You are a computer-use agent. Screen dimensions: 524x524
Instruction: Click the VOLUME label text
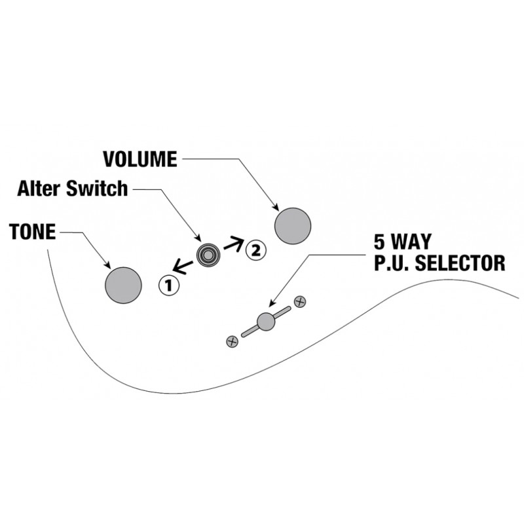pyautogui.click(x=140, y=159)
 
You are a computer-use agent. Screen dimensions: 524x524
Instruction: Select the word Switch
pyautogui.click(x=97, y=188)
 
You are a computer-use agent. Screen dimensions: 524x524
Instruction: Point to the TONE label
pyautogui.click(x=32, y=231)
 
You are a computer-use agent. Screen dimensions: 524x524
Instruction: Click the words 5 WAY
pyautogui.click(x=403, y=242)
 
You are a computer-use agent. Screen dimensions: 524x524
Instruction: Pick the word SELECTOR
pyautogui.click(x=460, y=263)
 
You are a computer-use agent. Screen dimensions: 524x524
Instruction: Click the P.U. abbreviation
pyautogui.click(x=392, y=263)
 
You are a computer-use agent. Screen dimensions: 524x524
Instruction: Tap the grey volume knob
pyautogui.click(x=293, y=226)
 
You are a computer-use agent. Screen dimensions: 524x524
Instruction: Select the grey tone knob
pyautogui.click(x=123, y=286)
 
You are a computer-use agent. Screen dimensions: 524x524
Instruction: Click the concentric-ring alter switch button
pyautogui.click(x=208, y=255)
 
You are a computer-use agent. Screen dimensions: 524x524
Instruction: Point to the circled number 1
pyautogui.click(x=169, y=286)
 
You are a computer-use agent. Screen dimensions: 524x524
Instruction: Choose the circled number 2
pyautogui.click(x=256, y=250)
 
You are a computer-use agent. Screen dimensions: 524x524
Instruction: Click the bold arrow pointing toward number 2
pyautogui.click(x=234, y=244)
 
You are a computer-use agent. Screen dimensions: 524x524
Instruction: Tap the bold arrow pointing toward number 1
pyautogui.click(x=183, y=267)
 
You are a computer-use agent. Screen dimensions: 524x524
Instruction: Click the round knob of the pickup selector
pyautogui.click(x=266, y=322)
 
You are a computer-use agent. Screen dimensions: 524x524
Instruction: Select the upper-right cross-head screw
pyautogui.click(x=300, y=302)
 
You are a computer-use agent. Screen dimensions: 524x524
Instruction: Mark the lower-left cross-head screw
pyautogui.click(x=233, y=341)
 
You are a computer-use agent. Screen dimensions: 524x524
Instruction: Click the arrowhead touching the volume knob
pyautogui.click(x=276, y=207)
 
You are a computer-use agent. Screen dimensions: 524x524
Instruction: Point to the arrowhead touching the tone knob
pyautogui.click(x=107, y=265)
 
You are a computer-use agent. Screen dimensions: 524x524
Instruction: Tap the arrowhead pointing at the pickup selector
pyautogui.click(x=272, y=303)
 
